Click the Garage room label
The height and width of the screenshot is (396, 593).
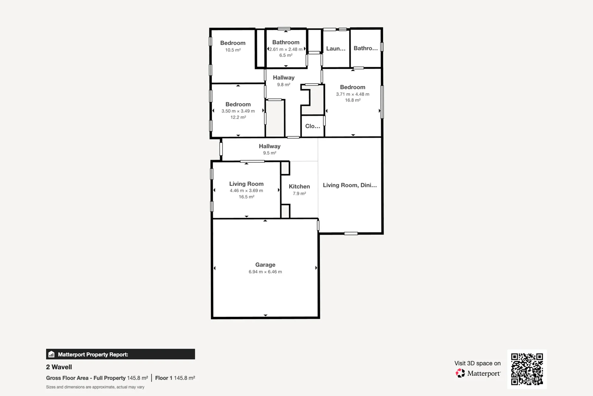(265, 265)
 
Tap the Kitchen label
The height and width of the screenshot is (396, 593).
(299, 187)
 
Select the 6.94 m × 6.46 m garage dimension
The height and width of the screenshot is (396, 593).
(265, 272)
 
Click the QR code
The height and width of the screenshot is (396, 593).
(527, 369)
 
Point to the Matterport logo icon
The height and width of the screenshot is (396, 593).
(460, 373)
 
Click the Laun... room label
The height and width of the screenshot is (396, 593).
(336, 48)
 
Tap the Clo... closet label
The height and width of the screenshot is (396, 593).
(313, 126)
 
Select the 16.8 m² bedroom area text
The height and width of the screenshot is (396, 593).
(353, 100)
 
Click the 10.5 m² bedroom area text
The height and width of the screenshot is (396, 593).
(233, 50)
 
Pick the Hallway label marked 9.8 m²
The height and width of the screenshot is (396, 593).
(283, 78)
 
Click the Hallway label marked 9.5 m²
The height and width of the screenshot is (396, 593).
(269, 146)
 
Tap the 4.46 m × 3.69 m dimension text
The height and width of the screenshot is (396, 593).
(246, 191)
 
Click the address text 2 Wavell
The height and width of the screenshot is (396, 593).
(59, 367)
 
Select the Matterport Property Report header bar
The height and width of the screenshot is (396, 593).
(120, 354)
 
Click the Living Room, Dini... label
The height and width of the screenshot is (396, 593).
(350, 185)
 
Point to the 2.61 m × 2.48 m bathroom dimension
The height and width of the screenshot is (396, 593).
(286, 49)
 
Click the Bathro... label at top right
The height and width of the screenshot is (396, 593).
(365, 48)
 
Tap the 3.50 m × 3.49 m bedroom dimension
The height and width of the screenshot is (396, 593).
(238, 111)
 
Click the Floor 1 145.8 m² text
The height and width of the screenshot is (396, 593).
(175, 378)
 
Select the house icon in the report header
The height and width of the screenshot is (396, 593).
(52, 354)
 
